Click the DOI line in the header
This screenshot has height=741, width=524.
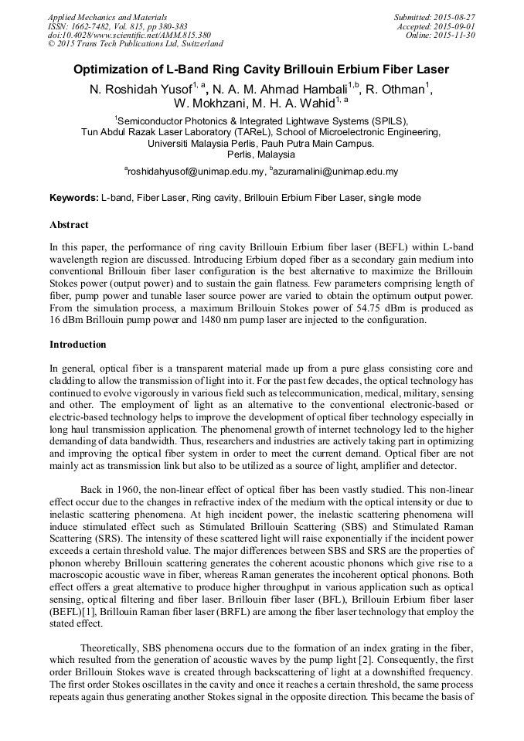(128, 35)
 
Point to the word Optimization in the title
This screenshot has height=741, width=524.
(113, 70)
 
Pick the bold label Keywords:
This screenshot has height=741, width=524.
(73, 198)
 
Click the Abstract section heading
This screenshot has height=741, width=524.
(69, 225)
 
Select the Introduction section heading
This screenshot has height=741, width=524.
(78, 344)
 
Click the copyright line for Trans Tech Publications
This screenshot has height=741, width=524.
(135, 44)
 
